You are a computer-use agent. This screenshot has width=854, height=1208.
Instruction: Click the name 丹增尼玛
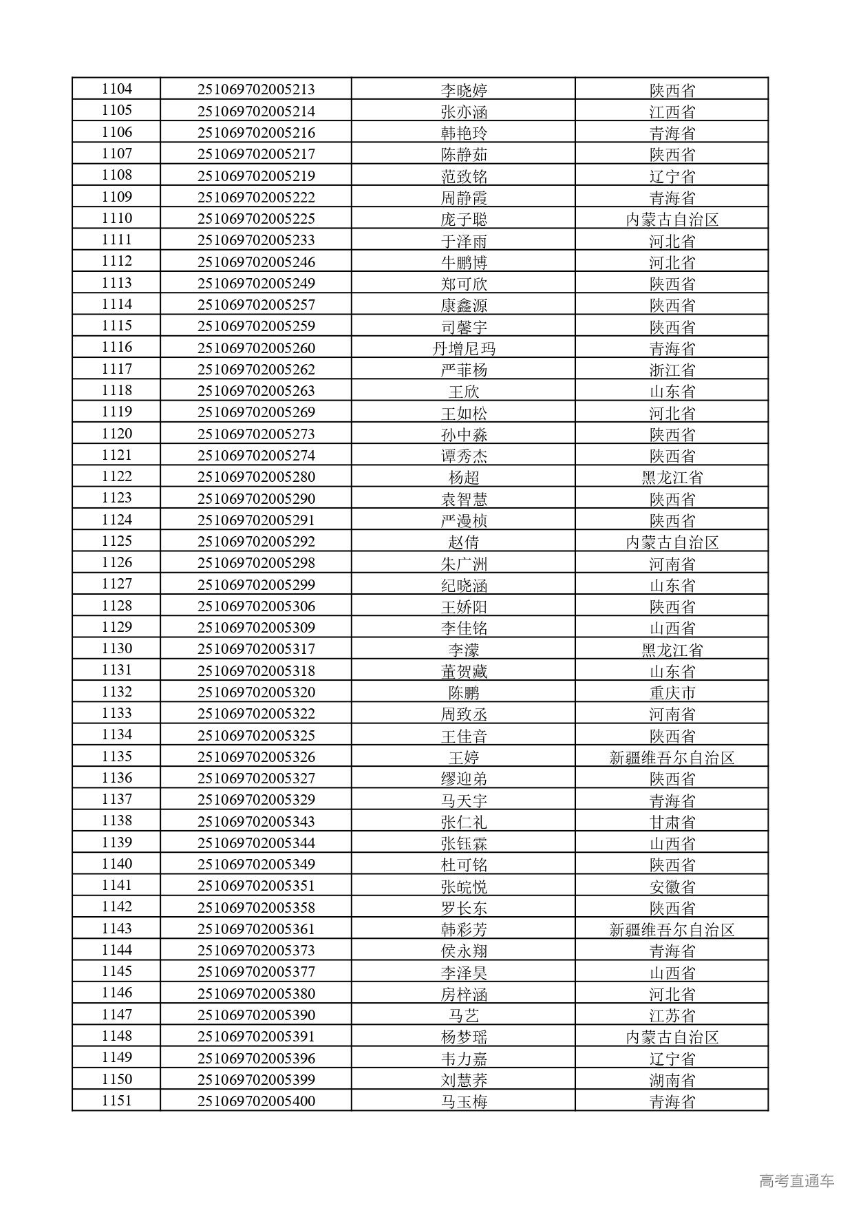[x=463, y=349]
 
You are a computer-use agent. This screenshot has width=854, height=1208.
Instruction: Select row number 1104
[x=116, y=89]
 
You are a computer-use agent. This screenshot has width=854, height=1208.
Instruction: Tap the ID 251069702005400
[x=256, y=1101]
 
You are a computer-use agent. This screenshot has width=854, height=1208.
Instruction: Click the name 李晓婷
[x=463, y=90]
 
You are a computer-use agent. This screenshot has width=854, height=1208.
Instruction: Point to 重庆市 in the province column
[x=672, y=692]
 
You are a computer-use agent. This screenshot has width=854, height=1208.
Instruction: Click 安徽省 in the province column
[x=672, y=887]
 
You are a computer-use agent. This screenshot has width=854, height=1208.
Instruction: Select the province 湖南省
[x=672, y=1080]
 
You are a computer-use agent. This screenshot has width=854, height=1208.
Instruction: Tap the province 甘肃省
[x=672, y=822]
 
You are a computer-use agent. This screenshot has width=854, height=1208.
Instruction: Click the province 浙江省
[x=672, y=370]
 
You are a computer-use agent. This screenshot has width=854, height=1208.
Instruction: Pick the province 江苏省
[x=672, y=1015]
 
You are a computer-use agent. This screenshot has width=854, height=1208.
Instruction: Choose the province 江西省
[x=672, y=112]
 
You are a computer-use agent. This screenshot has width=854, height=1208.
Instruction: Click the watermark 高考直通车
[x=796, y=1180]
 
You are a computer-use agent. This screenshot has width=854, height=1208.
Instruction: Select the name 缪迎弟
[x=463, y=778]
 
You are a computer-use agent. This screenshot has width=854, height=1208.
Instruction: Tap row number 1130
[x=116, y=649]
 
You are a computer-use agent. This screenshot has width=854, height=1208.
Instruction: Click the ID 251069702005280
[x=256, y=477]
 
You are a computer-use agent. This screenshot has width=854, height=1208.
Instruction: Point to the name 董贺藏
[x=463, y=671]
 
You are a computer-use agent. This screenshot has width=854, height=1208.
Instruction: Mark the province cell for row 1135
[x=672, y=757]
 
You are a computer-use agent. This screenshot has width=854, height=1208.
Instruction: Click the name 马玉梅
[x=463, y=1101]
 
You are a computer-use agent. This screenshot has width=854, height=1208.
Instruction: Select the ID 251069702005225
[x=256, y=219]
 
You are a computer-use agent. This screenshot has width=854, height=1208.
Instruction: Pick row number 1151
[x=116, y=1101]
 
